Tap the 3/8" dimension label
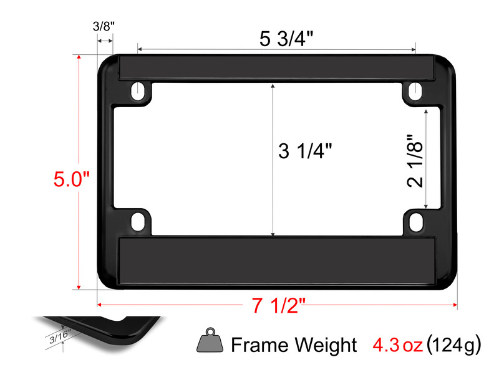point(104,26)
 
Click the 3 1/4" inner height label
point(305,151)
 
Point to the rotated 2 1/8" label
point(415,161)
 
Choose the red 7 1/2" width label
point(278,306)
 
